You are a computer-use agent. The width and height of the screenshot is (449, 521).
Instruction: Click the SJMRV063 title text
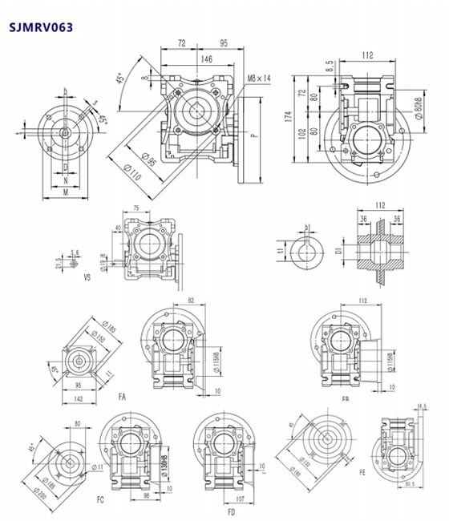(x=41, y=27)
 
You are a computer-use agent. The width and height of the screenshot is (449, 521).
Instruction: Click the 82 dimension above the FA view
(x=190, y=300)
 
